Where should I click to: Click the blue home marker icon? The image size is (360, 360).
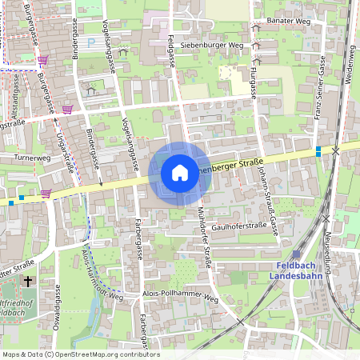pyautogui.click(x=180, y=172)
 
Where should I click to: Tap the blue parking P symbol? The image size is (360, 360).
pyautogui.click(x=90, y=42)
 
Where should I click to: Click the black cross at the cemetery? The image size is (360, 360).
pyautogui.click(x=29, y=282)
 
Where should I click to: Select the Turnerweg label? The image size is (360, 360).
pyautogui.click(x=32, y=158)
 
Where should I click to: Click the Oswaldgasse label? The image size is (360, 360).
pyautogui.click(x=58, y=312)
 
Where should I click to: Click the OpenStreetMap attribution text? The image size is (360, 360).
pyautogui.click(x=80, y=354)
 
